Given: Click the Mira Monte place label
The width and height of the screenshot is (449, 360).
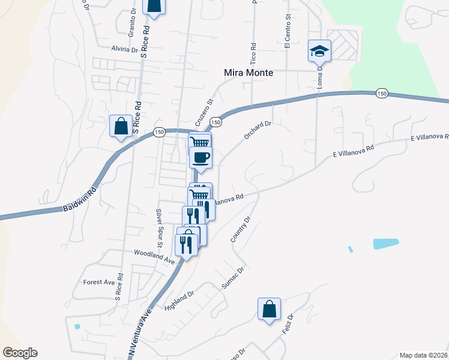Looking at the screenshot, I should [248, 73].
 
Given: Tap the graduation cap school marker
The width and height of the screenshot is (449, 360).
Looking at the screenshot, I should [320, 50].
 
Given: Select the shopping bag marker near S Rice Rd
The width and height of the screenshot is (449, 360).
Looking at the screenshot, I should [121, 126].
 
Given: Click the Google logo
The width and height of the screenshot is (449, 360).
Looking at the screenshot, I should [20, 353].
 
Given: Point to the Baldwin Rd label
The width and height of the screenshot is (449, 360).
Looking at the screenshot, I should [79, 200].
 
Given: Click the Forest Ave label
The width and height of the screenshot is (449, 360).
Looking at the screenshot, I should [99, 282].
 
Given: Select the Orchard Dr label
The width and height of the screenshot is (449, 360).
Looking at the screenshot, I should [258, 130].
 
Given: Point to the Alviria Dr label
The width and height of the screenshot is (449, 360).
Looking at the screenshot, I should [124, 49].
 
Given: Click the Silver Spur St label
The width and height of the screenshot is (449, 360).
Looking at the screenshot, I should [159, 228].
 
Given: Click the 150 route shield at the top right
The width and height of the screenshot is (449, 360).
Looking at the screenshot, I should [382, 93].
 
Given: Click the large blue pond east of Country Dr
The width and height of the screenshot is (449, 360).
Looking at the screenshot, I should [385, 244].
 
